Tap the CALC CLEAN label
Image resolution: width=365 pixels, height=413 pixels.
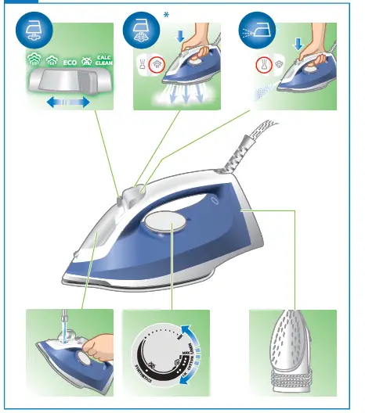[103, 60]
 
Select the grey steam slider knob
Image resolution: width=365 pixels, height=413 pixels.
[65, 81]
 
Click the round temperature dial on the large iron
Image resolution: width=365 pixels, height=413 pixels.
[168, 227]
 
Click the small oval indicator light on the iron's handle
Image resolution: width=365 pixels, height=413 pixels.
[215, 199]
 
